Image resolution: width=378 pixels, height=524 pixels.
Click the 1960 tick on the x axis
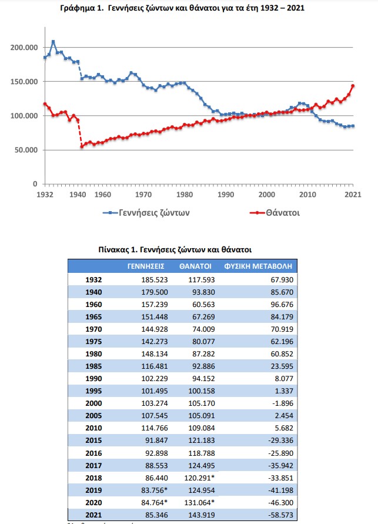(x=103, y=193)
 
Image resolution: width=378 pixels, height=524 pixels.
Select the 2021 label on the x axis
(x=353, y=193)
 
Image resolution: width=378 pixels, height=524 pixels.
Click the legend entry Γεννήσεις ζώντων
(x=146, y=212)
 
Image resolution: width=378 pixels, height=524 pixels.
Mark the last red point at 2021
(x=353, y=86)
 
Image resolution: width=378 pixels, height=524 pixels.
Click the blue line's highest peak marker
(x=53, y=42)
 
